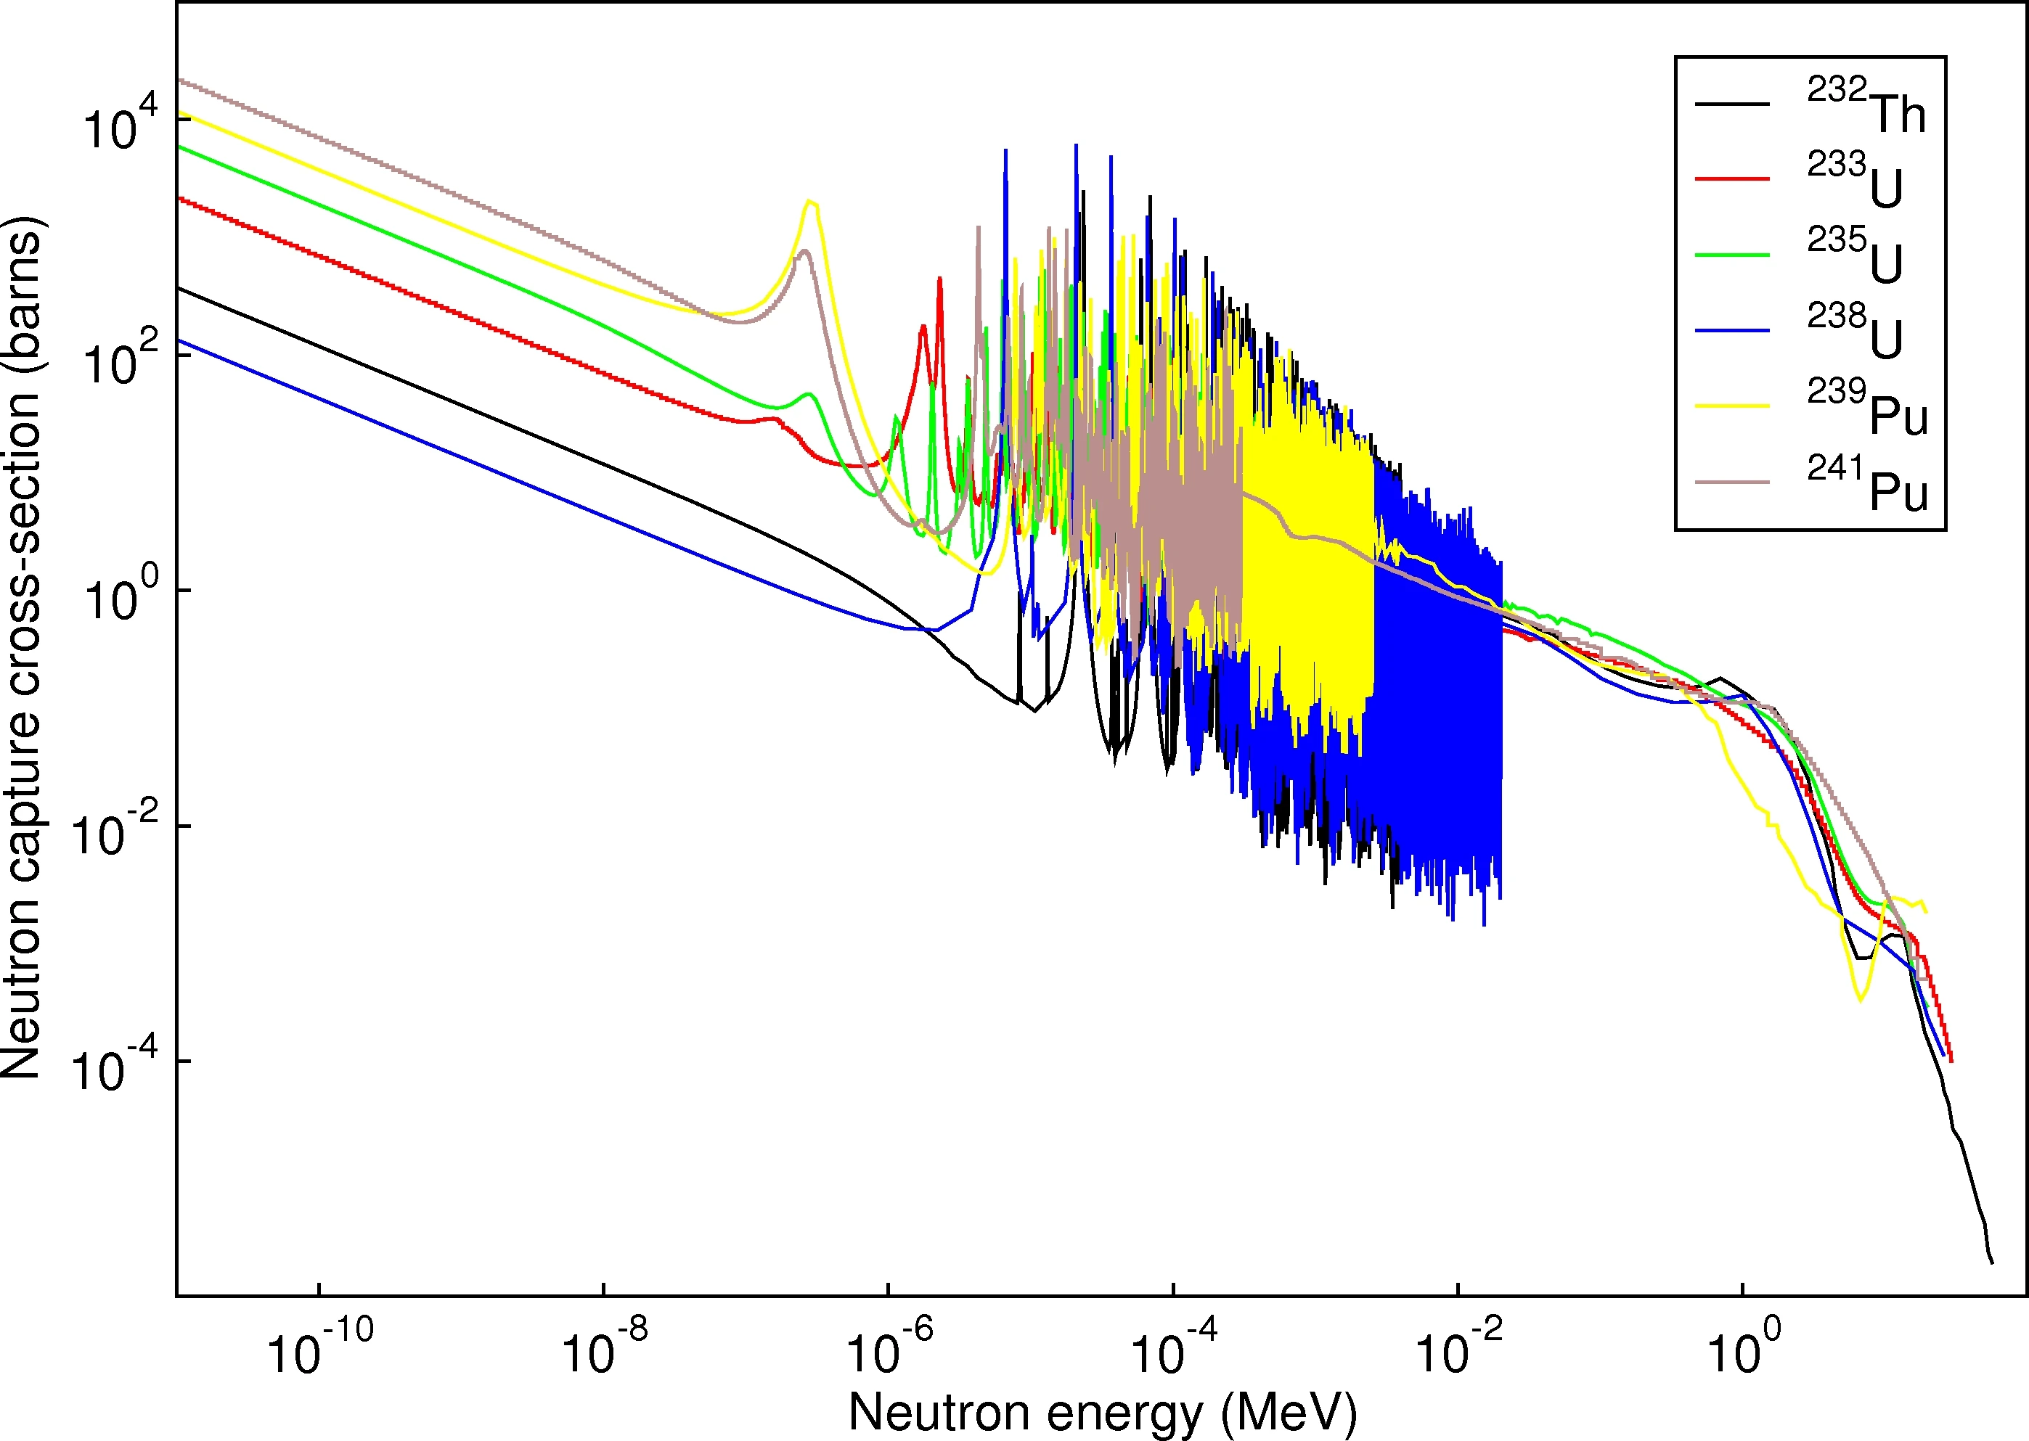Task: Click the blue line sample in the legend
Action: click(1731, 330)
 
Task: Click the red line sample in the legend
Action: click(1731, 179)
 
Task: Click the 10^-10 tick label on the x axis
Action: click(319, 1349)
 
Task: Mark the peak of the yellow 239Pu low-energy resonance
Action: click(809, 202)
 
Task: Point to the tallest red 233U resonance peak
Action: click(939, 279)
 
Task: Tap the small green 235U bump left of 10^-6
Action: click(808, 394)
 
